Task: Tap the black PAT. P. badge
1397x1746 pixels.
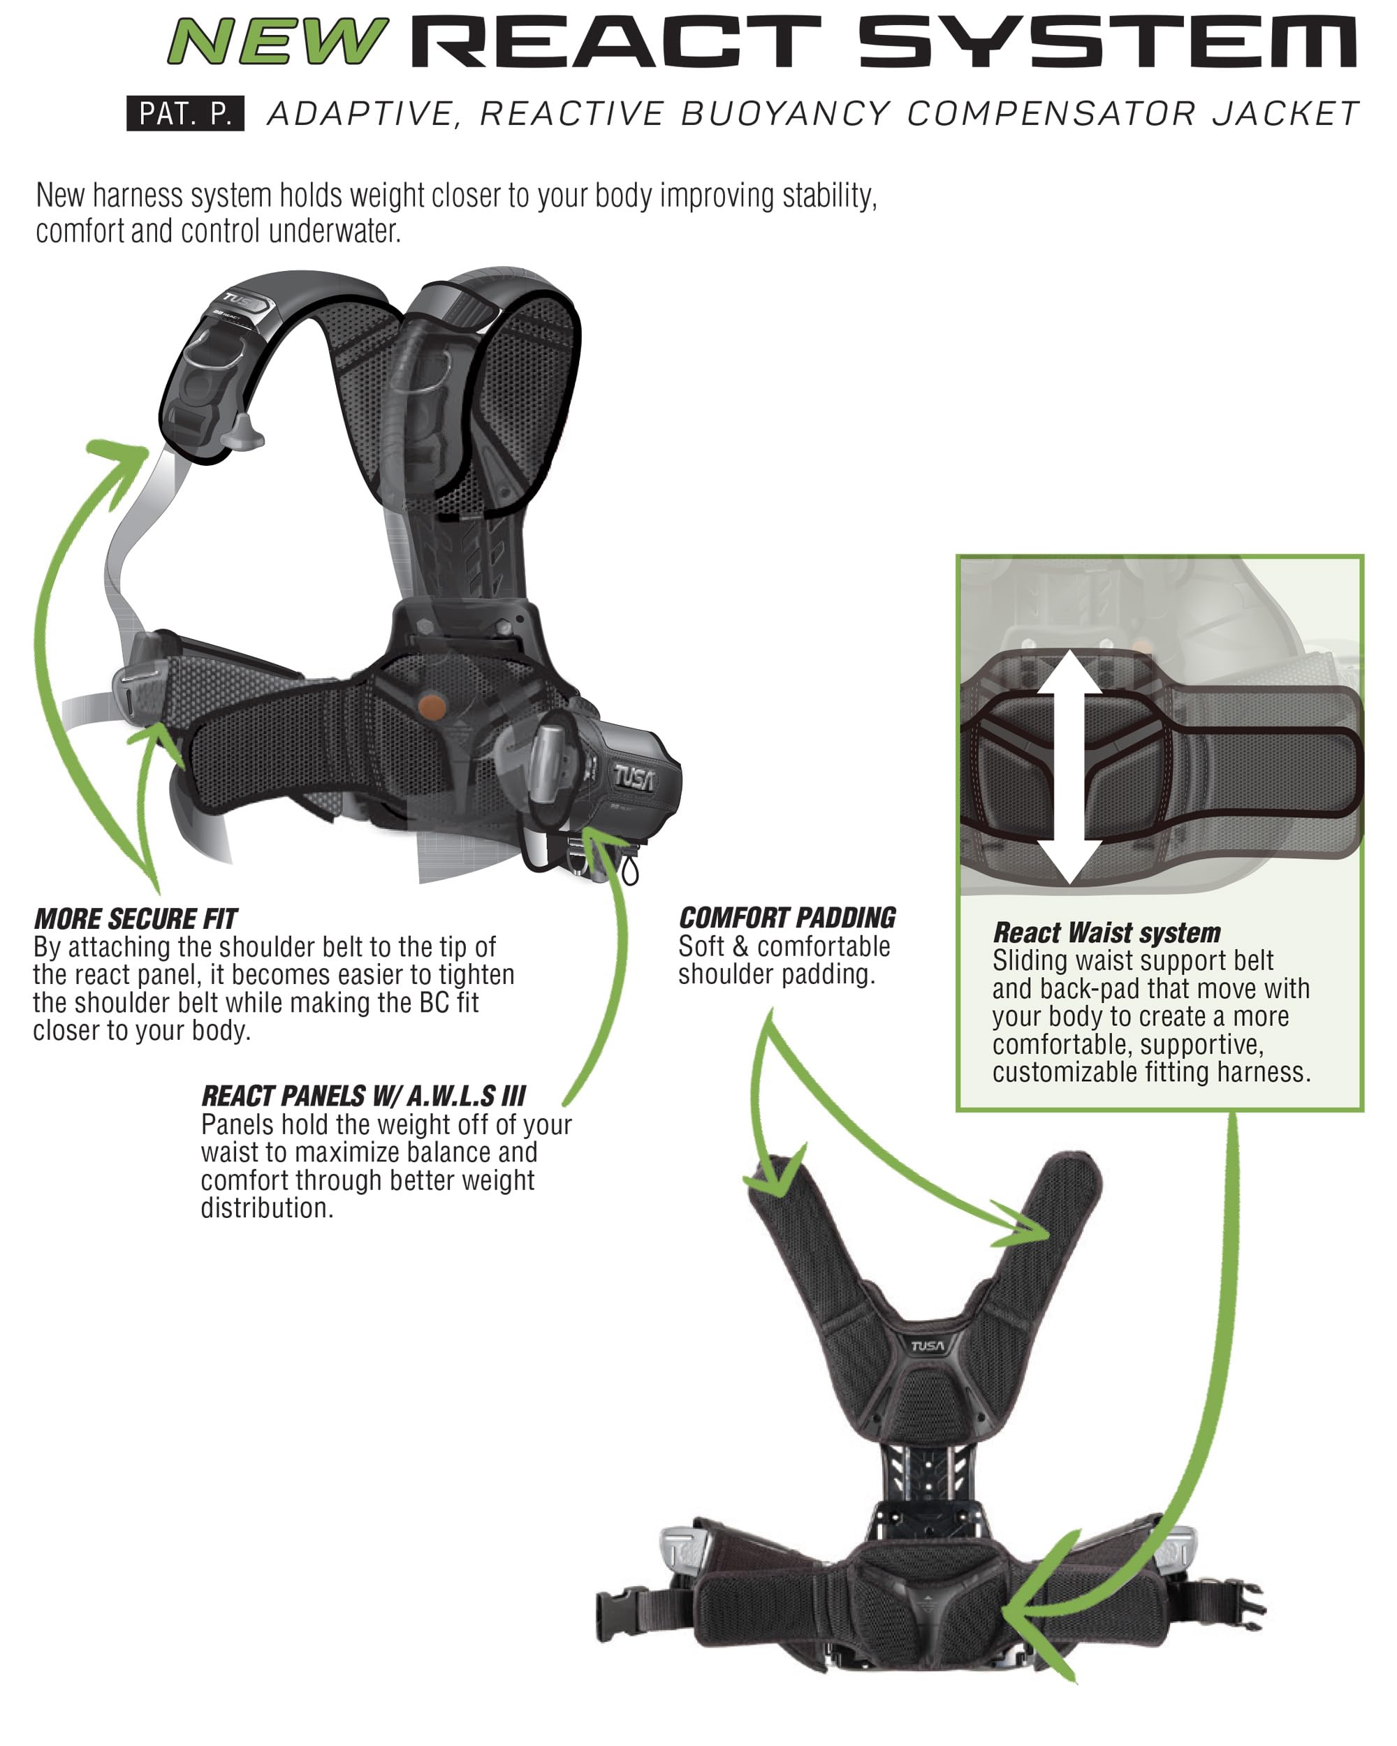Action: (186, 113)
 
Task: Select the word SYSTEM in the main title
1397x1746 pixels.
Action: (1106, 42)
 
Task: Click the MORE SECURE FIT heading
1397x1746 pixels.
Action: (136, 919)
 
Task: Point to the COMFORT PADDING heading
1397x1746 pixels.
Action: (787, 918)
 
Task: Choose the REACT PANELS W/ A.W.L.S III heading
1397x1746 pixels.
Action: (364, 1096)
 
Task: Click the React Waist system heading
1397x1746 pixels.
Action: (1106, 933)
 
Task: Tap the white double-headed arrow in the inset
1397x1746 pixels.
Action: (1071, 766)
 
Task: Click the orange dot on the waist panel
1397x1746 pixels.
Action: (432, 706)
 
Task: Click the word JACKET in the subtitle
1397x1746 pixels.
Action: (1285, 114)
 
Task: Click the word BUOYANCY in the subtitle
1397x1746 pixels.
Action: (786, 114)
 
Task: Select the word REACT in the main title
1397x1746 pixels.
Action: (616, 42)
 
